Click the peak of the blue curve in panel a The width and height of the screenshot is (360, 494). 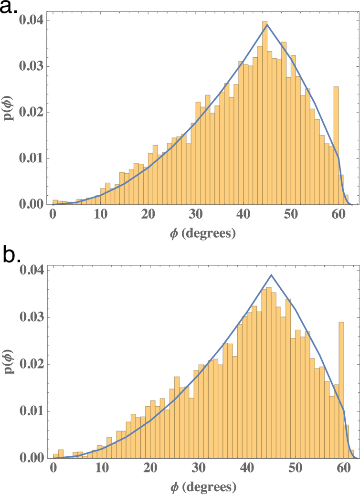(267, 24)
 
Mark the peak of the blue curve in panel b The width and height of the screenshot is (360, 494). (271, 274)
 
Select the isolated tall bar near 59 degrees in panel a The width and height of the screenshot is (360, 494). (336, 143)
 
